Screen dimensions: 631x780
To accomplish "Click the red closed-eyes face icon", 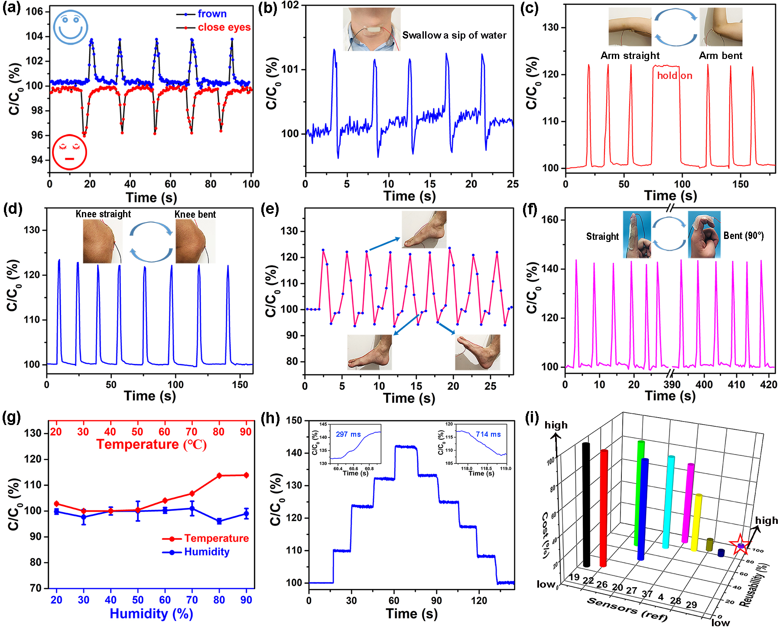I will point(69,152).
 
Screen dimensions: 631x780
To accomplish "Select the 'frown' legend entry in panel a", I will point(212,14).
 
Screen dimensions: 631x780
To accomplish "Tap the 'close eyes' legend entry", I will point(224,27).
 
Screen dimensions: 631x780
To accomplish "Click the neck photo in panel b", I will point(371,29).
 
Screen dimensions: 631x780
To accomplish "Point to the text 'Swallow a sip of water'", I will point(454,36).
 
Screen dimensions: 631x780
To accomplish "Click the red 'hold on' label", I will point(674,76).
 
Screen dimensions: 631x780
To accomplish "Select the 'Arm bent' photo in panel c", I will point(721,27).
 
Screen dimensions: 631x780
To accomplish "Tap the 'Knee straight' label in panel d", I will point(103,214).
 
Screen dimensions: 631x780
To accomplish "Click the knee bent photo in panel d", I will point(195,241).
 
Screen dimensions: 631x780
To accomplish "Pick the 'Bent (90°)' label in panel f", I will point(744,236).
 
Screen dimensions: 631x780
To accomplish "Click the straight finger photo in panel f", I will point(637,235).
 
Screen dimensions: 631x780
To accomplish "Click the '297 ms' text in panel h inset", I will point(348,434).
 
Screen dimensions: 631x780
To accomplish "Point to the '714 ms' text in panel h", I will point(488,434).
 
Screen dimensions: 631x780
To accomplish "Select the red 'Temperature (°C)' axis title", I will point(151,445).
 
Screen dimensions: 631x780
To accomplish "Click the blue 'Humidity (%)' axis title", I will point(151,613).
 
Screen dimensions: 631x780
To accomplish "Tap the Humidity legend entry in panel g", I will point(206,552).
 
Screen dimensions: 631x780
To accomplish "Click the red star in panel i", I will point(740,545).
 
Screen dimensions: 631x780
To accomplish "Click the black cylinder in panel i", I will point(586,505).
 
